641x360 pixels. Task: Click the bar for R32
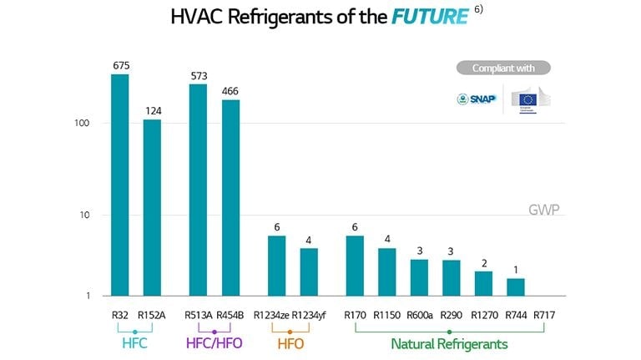120,185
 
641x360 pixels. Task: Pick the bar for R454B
230,197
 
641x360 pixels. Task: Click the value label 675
120,65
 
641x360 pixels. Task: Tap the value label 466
230,90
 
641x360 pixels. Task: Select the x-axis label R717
544,315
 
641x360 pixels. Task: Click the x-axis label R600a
419,315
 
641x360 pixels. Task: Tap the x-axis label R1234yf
309,315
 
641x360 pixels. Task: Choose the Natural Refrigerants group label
449,343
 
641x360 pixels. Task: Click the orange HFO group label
290,343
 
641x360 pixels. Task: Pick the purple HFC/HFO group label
214,343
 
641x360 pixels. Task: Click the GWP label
544,209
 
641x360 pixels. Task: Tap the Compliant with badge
503,68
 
